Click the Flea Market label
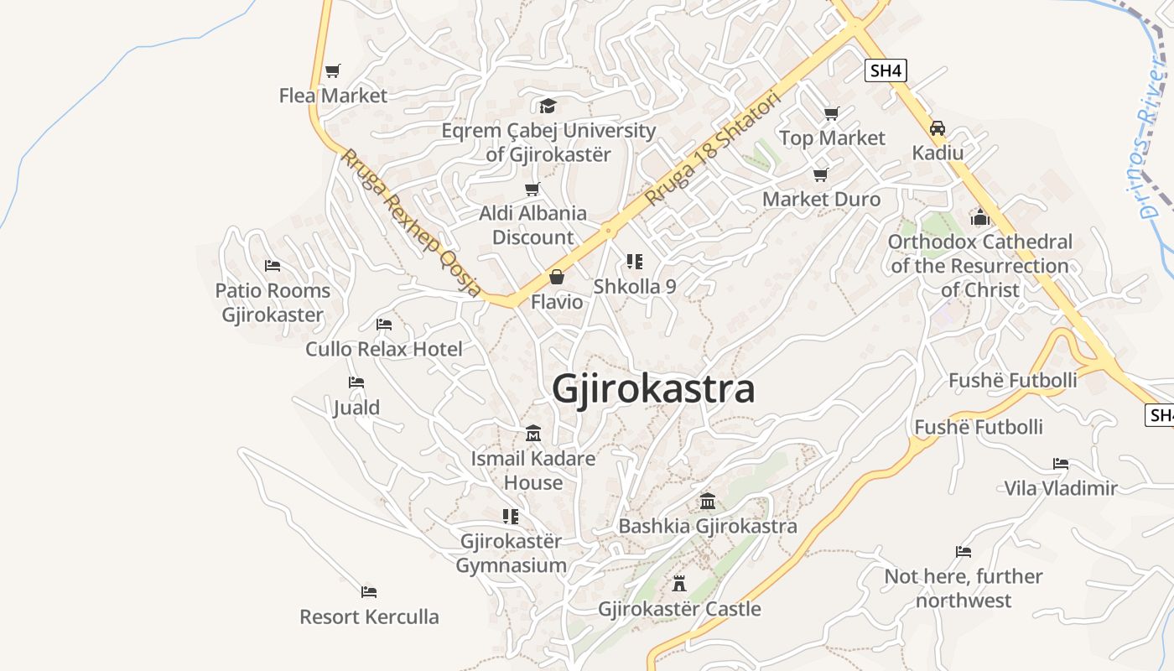(x=333, y=96)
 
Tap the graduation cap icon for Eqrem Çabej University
(x=548, y=106)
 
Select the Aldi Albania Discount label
(x=532, y=225)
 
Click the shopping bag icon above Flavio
(x=556, y=277)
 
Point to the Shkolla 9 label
(x=635, y=286)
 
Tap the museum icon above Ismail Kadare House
(x=532, y=434)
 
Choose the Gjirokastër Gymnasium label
(x=511, y=554)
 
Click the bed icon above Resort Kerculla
(x=369, y=592)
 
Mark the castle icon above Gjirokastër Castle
(x=679, y=584)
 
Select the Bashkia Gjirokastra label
(x=707, y=526)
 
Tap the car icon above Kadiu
(x=938, y=128)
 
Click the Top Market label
(x=832, y=138)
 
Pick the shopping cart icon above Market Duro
(x=820, y=174)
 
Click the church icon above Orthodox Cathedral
(x=980, y=218)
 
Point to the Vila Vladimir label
(x=1061, y=487)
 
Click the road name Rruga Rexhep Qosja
(x=410, y=222)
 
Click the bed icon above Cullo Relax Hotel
(x=384, y=324)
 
